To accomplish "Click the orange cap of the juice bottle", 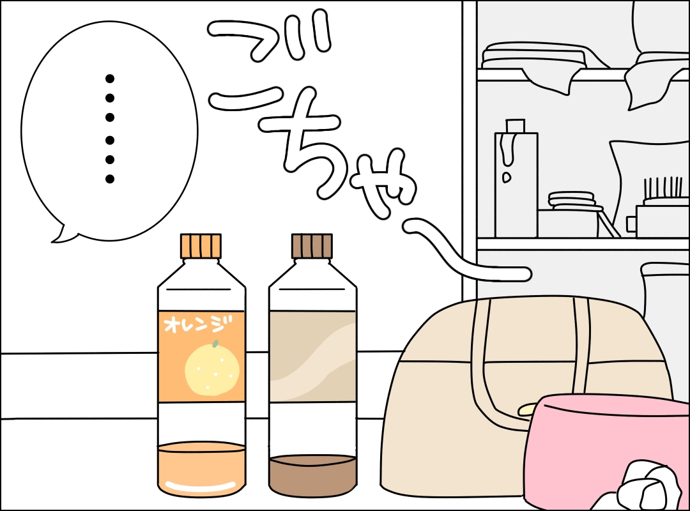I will [201, 246].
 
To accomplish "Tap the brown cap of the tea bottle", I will [312, 246].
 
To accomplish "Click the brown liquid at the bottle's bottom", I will [312, 476].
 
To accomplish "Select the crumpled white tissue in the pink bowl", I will [648, 489].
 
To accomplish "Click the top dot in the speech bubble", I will [110, 79].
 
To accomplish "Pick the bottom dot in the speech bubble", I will [110, 179].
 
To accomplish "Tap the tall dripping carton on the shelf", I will [516, 179].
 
